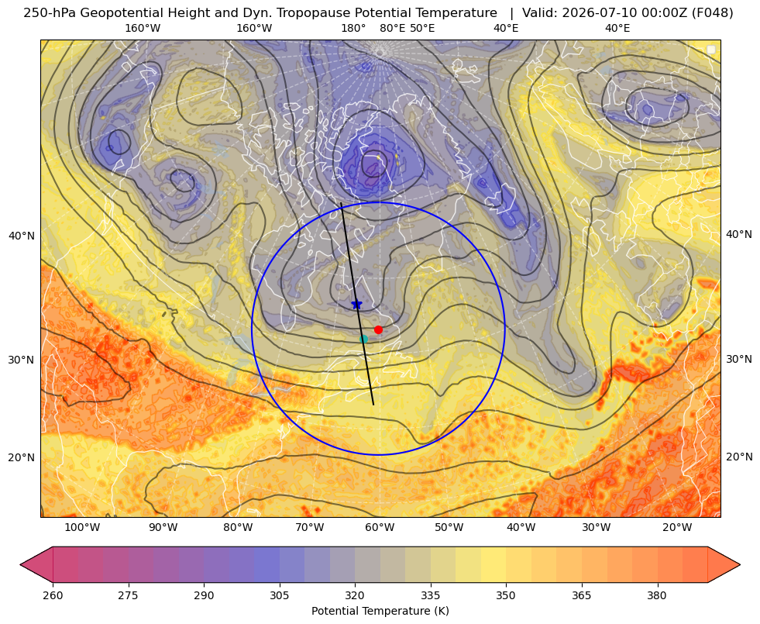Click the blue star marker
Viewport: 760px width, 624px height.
tap(356, 305)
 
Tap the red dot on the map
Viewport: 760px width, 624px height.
tap(379, 329)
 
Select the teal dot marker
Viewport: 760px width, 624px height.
tap(364, 339)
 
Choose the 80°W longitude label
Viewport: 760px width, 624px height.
tap(238, 528)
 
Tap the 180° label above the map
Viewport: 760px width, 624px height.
tap(353, 28)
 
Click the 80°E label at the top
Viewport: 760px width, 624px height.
tap(393, 28)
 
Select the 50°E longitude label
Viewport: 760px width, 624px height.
tap(422, 28)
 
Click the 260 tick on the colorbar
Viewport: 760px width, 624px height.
tap(53, 595)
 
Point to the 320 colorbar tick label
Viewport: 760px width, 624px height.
tap(355, 595)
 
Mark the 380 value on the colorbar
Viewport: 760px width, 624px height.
tap(657, 595)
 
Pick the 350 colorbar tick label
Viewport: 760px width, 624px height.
tap(506, 595)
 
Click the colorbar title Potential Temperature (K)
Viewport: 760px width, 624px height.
tap(380, 611)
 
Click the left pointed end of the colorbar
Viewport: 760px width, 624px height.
tap(20, 564)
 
